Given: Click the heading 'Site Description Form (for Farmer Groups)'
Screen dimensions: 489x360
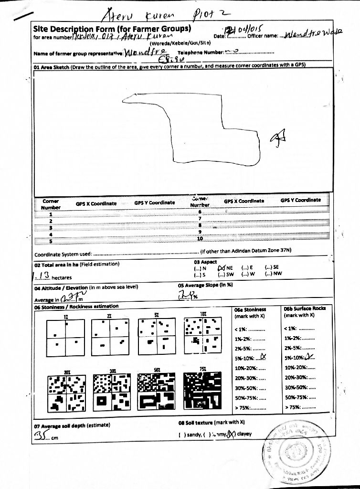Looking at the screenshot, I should pyautogui.click(x=112, y=29).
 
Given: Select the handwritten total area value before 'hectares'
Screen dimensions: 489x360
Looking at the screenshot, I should pyautogui.click(x=45, y=276).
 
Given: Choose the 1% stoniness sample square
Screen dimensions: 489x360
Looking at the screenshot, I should pyautogui.click(x=65, y=338).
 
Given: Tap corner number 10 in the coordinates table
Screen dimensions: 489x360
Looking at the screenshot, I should pyautogui.click(x=200, y=238).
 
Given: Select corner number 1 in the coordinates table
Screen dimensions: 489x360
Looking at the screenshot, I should pyautogui.click(x=50, y=214).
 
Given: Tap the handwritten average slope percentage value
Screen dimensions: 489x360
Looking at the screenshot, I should pyautogui.click(x=185, y=296).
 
